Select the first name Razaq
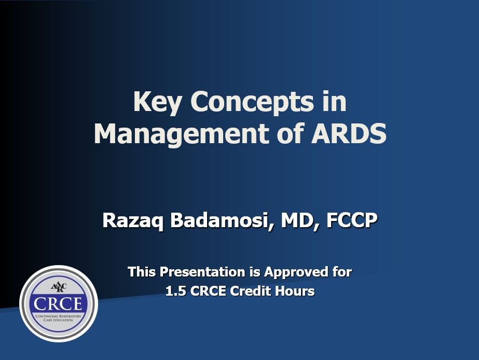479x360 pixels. point(134,220)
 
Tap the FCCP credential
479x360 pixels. point(352,220)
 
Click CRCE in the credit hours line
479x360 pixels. point(208,291)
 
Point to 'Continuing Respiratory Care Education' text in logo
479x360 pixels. point(58,318)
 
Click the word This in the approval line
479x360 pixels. point(142,272)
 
